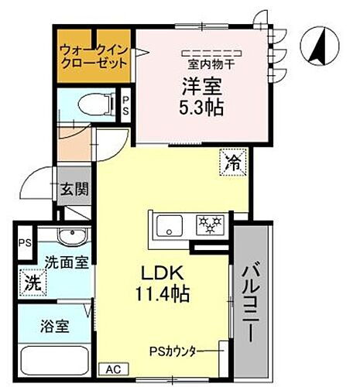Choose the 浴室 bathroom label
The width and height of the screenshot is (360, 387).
point(55,325)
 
